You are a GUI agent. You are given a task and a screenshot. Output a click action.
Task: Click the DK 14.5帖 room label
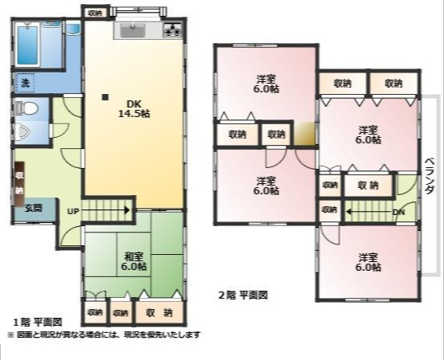coord(133,108)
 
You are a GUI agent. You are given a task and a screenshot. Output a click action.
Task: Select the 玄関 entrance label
coord(33,208)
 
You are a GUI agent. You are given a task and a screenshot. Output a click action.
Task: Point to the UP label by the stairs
coord(73,211)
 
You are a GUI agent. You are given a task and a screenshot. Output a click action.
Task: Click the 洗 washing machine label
coord(26,83)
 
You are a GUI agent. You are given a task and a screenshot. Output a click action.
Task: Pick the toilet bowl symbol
coord(25,109)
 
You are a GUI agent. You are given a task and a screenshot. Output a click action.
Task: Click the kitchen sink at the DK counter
coord(132,31)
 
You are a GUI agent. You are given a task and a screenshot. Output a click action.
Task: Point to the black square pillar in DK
coord(104,98)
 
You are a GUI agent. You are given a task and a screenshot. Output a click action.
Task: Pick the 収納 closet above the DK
coord(96,13)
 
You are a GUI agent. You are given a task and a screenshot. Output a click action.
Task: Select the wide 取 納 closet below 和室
coord(161,312)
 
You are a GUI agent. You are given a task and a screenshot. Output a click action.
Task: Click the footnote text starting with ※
coord(104,335)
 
